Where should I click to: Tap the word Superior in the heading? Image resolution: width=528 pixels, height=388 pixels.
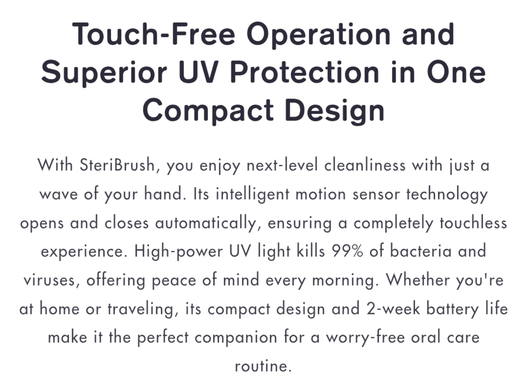click(104, 73)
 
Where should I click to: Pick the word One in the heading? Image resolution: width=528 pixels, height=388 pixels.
click(456, 71)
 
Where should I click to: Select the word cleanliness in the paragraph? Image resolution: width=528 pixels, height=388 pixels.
click(365, 165)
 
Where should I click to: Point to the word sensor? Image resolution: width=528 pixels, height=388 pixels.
click(376, 195)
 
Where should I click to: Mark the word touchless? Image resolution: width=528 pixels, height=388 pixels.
click(473, 223)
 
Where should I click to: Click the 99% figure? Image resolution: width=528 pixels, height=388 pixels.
click(348, 251)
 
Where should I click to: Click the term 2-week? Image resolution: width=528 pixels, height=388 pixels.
click(393, 308)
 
